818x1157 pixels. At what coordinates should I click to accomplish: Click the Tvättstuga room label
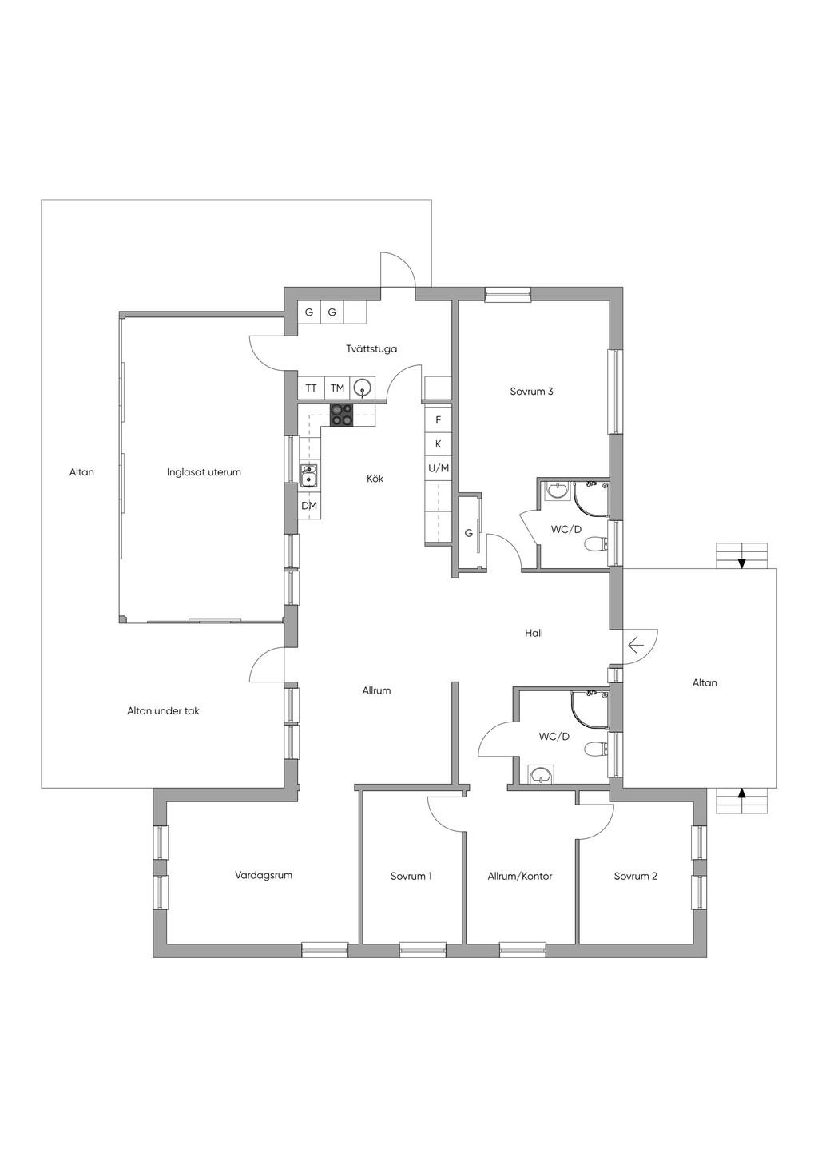click(x=371, y=349)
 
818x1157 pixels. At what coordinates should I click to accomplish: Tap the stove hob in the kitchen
click(x=342, y=415)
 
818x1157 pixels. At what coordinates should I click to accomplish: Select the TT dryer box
click(x=311, y=388)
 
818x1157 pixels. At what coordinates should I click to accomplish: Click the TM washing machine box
click(x=337, y=388)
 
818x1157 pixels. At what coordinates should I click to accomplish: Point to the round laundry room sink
click(x=363, y=388)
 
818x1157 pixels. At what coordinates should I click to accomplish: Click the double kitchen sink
click(x=309, y=475)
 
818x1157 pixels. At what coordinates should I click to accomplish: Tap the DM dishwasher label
click(x=309, y=506)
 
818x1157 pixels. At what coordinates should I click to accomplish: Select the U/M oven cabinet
click(x=439, y=468)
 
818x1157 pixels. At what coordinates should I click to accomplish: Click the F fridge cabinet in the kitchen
click(x=439, y=420)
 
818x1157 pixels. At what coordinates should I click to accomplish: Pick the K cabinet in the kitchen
click(x=439, y=444)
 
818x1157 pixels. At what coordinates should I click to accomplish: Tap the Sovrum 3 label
click(x=531, y=392)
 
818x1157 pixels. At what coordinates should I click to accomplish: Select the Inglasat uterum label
click(x=204, y=472)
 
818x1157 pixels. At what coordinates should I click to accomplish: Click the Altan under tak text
click(x=163, y=710)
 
